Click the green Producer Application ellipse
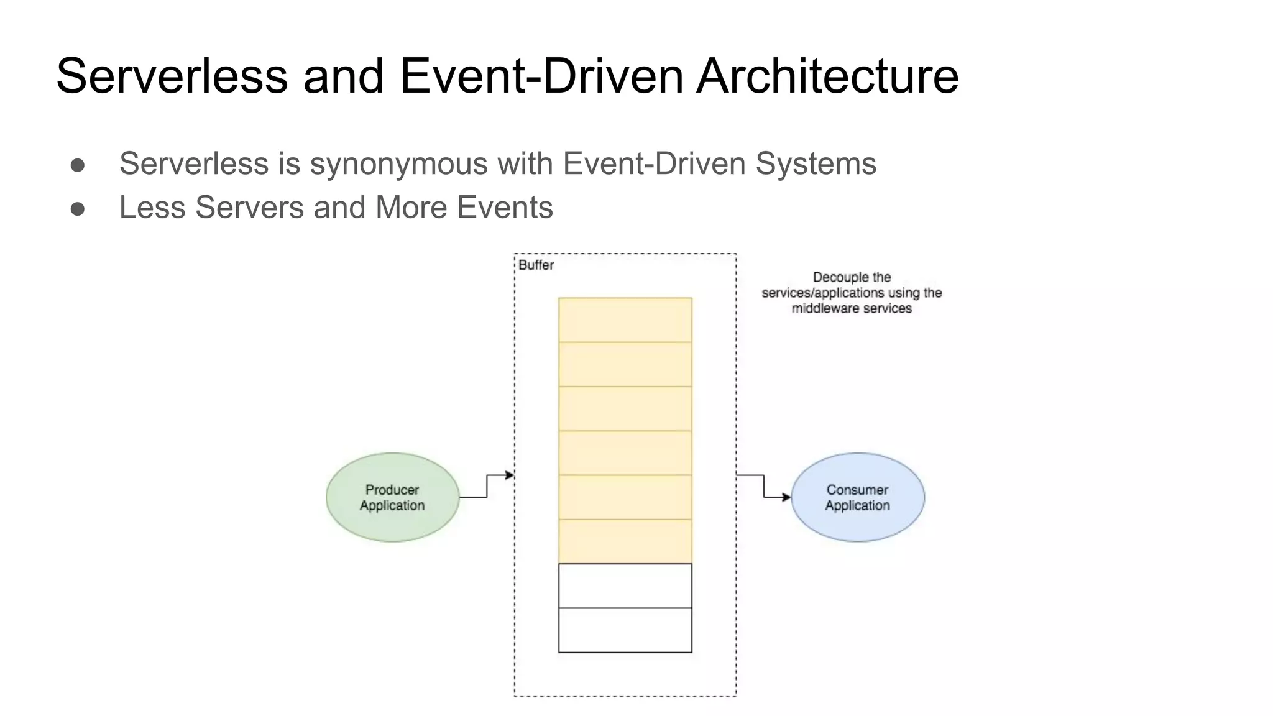click(x=392, y=497)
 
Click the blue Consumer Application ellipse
click(x=857, y=497)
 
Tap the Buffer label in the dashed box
click(x=536, y=265)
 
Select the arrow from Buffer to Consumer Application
click(x=763, y=486)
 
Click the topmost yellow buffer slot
click(x=625, y=320)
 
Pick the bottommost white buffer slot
click(x=625, y=630)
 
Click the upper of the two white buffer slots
click(x=625, y=585)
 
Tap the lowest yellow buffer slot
click(x=625, y=541)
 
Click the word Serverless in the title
click(x=172, y=76)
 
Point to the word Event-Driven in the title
click(x=541, y=76)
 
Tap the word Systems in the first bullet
click(x=816, y=164)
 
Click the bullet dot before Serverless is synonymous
click(x=78, y=165)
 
